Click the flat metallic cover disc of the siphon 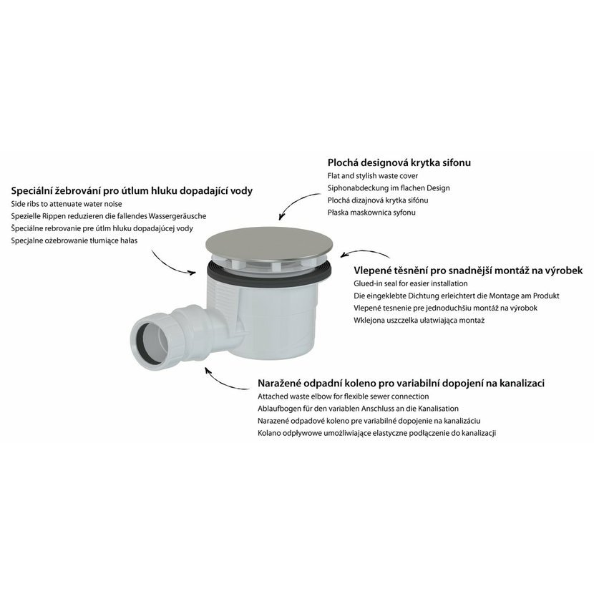coord(269,245)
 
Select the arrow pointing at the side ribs coord(170,266)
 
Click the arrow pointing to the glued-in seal coord(364,253)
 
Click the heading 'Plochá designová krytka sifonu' coord(399,162)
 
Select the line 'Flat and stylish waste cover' coord(373,176)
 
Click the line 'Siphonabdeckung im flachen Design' coord(389,188)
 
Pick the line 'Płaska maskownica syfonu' coord(371,212)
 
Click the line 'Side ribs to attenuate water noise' coord(67,204)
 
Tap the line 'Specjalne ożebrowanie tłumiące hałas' coord(74,240)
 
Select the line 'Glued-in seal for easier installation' coord(411,283)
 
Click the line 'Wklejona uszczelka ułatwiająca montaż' coord(419,320)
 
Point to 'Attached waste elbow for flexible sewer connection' coord(344,396)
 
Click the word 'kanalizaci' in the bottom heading coord(520,383)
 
